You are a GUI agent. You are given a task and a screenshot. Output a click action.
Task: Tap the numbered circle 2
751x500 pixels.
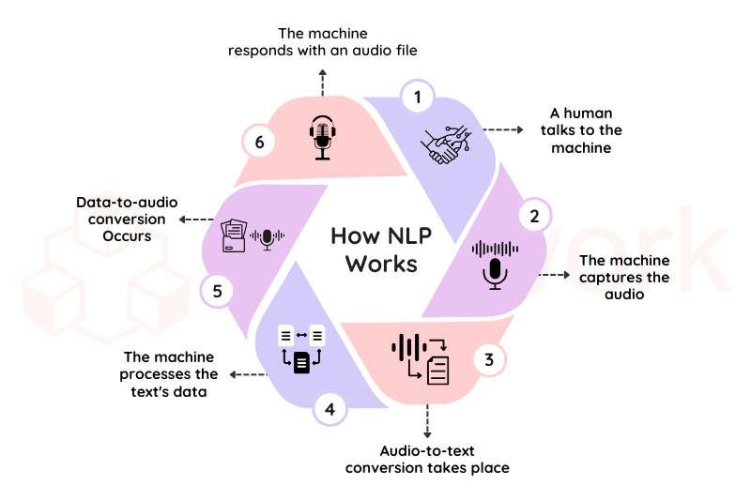(534, 217)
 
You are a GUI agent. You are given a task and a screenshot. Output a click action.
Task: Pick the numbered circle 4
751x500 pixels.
(330, 409)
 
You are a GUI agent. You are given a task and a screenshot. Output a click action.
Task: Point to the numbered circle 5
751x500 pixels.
(217, 290)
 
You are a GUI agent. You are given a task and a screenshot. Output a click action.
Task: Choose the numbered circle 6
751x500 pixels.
(260, 143)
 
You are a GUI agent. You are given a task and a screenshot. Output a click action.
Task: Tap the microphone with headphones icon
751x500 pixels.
(324, 137)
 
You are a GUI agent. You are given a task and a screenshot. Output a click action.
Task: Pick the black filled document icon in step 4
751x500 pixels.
(301, 362)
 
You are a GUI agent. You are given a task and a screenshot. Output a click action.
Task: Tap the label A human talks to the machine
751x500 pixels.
(581, 130)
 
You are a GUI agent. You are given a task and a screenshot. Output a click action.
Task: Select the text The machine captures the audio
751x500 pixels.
(624, 277)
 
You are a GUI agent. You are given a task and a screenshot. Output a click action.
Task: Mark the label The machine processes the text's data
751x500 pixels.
(169, 374)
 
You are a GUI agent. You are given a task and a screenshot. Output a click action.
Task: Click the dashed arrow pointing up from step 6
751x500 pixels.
(323, 82)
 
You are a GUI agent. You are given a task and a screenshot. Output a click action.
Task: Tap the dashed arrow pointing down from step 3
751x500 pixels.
(428, 419)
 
